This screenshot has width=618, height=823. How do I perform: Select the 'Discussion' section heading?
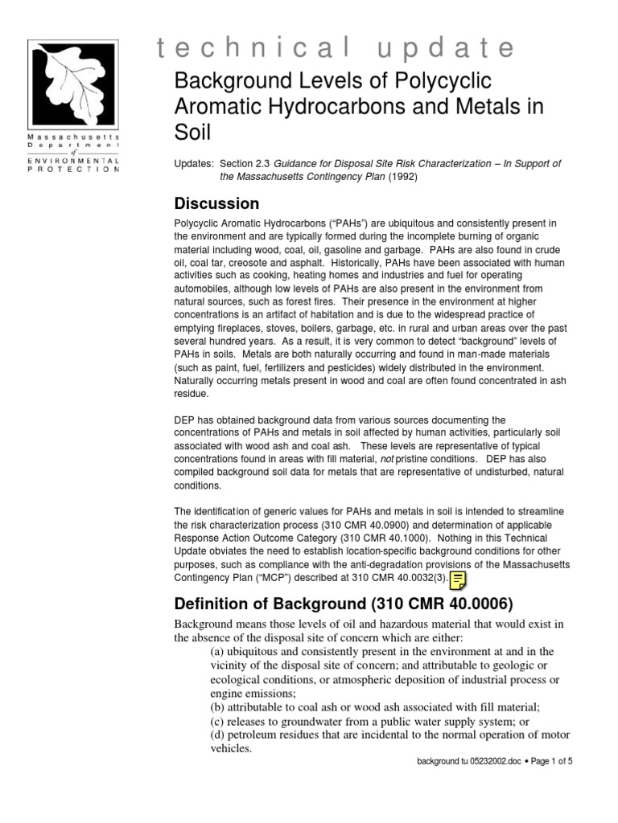(x=216, y=203)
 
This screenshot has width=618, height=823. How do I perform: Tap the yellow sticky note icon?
(x=459, y=581)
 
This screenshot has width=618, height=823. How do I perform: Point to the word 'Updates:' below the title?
(x=193, y=164)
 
